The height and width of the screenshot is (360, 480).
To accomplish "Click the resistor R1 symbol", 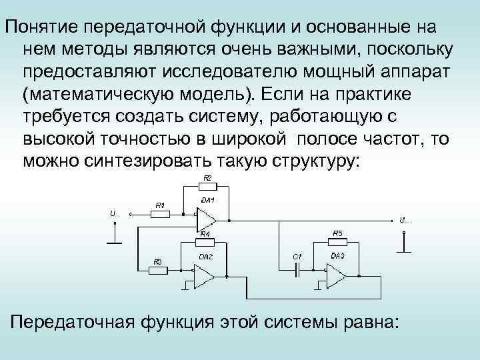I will (161, 215).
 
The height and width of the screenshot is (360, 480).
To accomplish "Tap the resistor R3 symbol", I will (158, 271).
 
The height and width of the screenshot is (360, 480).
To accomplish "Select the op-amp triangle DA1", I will (206, 218).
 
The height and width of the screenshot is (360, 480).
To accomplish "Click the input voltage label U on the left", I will (113, 213).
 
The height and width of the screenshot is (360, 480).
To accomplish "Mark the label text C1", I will (297, 257).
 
